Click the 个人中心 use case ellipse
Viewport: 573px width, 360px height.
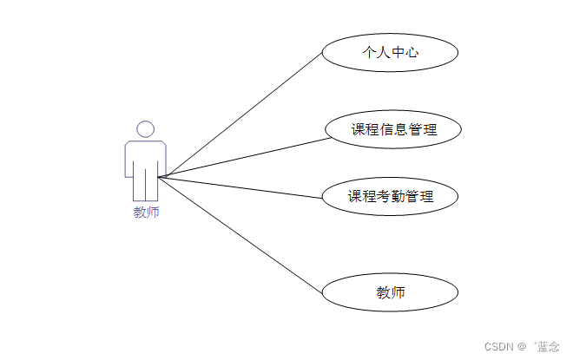point(390,52)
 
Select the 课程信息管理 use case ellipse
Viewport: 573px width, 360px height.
point(392,129)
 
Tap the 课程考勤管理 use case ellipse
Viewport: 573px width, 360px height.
point(390,196)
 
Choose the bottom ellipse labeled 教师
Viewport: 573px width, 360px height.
point(390,293)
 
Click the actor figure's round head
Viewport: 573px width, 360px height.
point(146,129)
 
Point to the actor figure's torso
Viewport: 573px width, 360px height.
point(146,158)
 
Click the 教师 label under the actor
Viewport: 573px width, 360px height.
point(146,213)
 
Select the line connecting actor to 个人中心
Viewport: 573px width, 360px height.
point(243,114)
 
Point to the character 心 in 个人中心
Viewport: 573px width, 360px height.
point(412,52)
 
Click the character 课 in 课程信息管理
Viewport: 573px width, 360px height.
point(358,130)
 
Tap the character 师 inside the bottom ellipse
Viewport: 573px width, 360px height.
point(398,293)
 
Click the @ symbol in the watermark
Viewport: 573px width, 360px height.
point(523,346)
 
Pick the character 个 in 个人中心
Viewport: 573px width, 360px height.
point(369,52)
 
